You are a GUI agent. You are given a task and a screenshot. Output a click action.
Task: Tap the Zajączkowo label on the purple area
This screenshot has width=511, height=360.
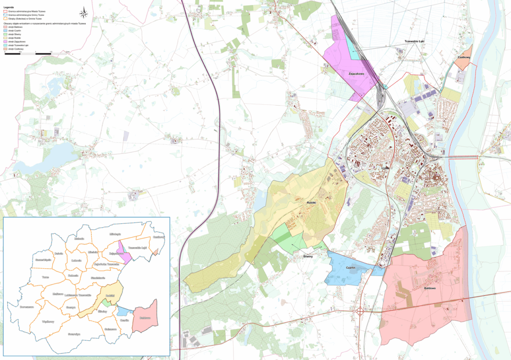point(356,74)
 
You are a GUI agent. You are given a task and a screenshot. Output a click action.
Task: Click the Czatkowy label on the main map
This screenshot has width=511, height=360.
point(464,58)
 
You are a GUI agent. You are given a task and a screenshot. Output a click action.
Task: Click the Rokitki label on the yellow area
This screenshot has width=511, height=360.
point(313,203)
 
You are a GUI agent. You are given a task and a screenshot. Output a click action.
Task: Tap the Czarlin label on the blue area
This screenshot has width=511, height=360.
point(353,268)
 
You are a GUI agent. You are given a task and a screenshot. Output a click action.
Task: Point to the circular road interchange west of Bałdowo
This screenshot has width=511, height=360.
point(359,311)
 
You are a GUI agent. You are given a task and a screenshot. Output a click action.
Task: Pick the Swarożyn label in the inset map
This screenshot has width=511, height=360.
point(74,334)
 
